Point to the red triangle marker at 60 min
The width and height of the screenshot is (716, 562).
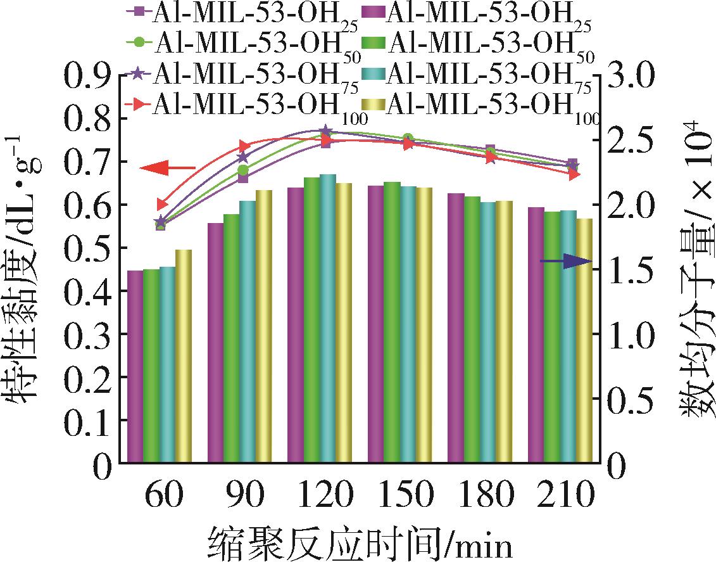pos(161,205)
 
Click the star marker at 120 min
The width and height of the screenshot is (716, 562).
pos(325,131)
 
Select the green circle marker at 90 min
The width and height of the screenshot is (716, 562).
pos(244,170)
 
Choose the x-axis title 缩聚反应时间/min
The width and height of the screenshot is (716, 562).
pos(358,542)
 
